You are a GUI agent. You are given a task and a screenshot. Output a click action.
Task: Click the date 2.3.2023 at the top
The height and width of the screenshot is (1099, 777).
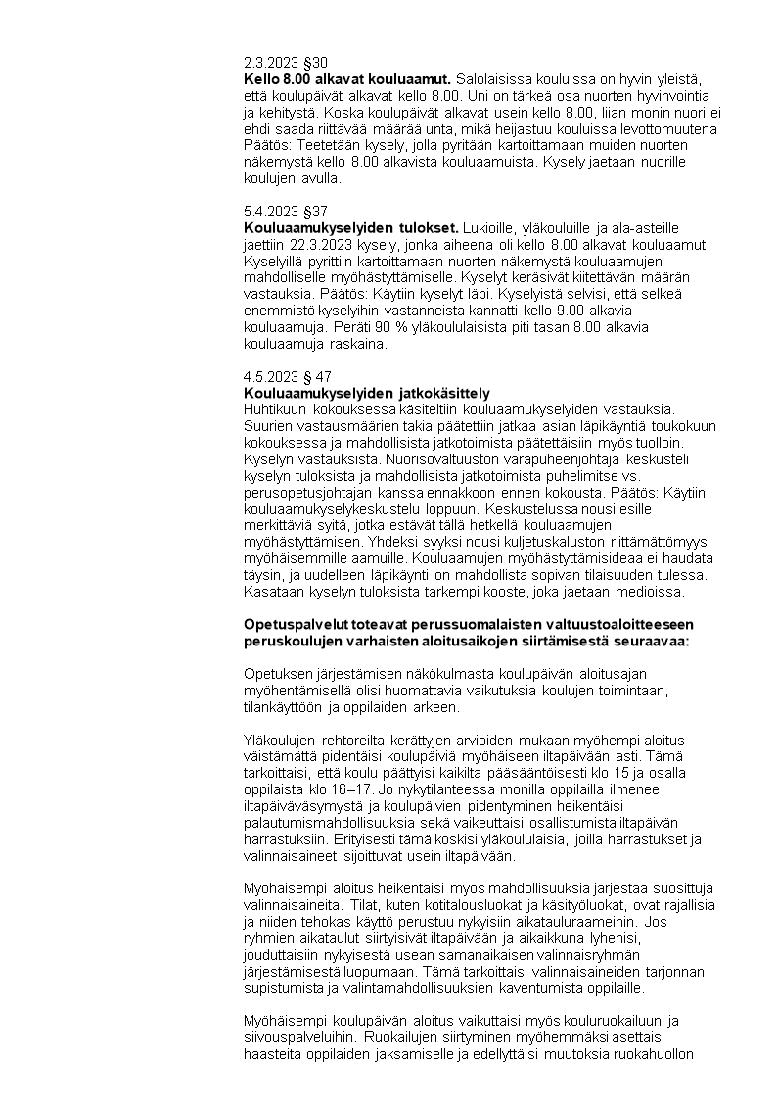coord(269,63)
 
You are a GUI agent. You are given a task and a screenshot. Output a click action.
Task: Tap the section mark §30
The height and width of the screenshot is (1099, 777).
coord(313,63)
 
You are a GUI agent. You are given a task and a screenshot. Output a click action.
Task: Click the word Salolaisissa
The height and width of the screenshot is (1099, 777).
coord(495,78)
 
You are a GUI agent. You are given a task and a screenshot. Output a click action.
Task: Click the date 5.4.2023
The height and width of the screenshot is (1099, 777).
coord(269,211)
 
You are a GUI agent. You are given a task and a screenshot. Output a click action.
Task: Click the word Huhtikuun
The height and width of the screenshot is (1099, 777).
coord(277,408)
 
